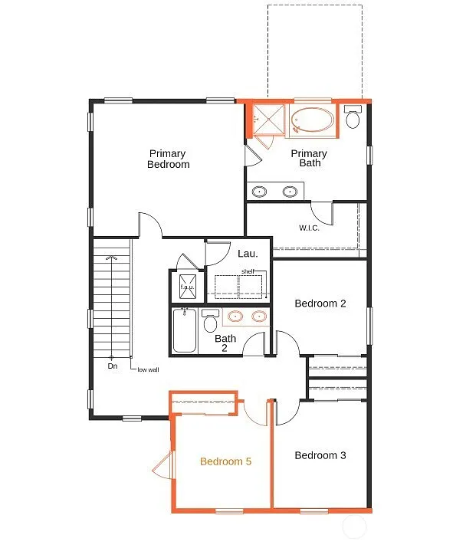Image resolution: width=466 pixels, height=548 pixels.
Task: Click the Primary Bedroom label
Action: (x=168, y=159)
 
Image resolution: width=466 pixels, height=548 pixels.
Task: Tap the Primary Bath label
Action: (x=309, y=159)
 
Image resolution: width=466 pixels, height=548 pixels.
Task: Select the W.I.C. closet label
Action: (x=309, y=228)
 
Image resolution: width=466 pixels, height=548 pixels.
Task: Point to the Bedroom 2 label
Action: (x=320, y=304)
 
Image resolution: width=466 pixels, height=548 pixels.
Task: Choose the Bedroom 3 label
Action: (x=320, y=455)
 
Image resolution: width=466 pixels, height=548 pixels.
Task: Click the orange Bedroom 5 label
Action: (x=225, y=461)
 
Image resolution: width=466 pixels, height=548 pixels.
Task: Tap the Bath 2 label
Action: (x=225, y=343)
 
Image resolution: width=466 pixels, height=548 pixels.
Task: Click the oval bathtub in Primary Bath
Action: (x=313, y=121)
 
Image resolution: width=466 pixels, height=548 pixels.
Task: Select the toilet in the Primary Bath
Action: (x=353, y=119)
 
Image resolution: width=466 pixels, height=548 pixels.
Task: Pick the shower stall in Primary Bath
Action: (x=268, y=120)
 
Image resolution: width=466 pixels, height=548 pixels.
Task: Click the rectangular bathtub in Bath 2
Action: (x=185, y=330)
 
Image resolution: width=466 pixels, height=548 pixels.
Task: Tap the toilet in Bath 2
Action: (x=210, y=321)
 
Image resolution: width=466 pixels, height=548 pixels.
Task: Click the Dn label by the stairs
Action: (x=113, y=366)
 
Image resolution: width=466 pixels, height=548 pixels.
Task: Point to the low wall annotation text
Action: (x=148, y=369)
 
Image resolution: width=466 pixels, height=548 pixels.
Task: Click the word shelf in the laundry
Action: (x=248, y=271)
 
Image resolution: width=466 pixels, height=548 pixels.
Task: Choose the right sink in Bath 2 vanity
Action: (x=259, y=315)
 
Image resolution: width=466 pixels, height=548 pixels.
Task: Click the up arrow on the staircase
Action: (x=113, y=257)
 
